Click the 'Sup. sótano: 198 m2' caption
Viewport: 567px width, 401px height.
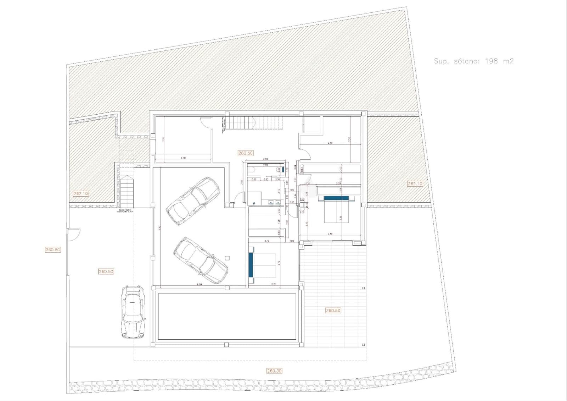pos(473,61)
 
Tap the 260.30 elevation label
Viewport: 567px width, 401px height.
pos(274,371)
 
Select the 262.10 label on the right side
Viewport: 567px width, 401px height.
pos(415,183)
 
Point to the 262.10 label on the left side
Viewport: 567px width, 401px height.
pos(81,193)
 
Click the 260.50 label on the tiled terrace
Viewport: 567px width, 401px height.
pos(333,311)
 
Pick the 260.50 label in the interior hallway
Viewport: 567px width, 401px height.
pos(245,153)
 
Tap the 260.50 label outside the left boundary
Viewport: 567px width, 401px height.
pos(53,249)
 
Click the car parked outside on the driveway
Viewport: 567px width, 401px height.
pos(133,311)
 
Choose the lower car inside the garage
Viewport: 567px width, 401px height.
pos(200,260)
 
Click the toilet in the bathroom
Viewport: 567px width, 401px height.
pos(252,170)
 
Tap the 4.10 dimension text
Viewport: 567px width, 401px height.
pos(183,158)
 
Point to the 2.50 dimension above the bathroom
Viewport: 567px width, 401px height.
pos(265,159)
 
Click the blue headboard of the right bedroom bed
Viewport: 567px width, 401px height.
pos(337,198)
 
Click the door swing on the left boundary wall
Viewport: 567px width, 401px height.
pos(74,234)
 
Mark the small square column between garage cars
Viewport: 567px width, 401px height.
pos(227,258)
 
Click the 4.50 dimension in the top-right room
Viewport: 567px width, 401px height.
pos(330,143)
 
